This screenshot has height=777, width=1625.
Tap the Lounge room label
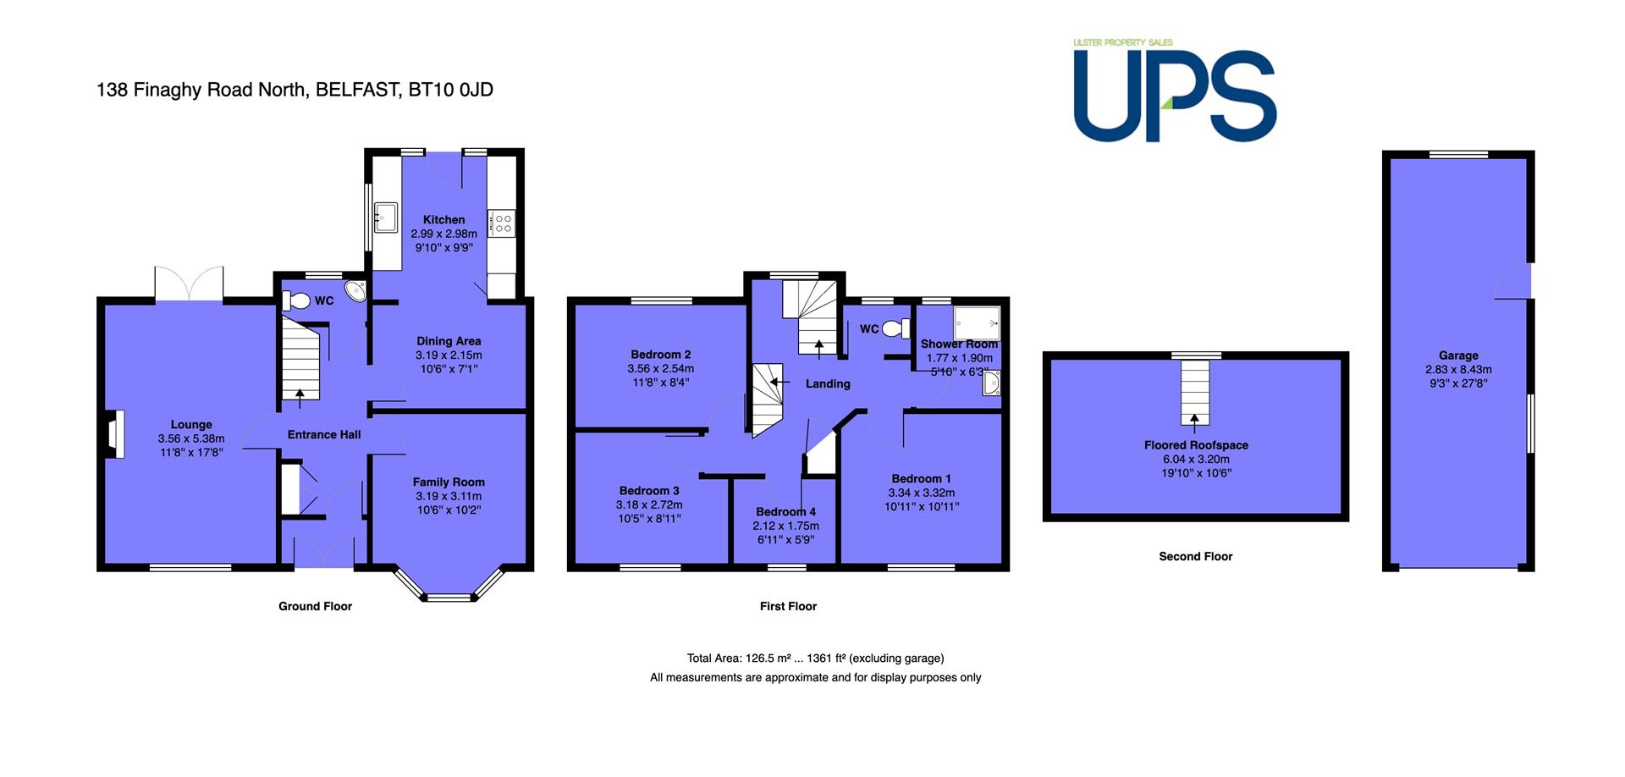click(191, 425)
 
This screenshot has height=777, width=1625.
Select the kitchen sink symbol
click(386, 218)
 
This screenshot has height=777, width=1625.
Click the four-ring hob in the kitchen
click(502, 223)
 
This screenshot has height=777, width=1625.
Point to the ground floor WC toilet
click(296, 300)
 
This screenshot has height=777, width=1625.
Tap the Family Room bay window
click(449, 583)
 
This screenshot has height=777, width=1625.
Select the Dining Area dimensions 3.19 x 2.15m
click(449, 355)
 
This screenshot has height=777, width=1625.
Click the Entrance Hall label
click(324, 434)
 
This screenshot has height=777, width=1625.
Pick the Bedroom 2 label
click(660, 355)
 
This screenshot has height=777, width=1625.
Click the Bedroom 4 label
click(785, 512)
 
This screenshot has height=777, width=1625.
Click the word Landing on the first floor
click(828, 384)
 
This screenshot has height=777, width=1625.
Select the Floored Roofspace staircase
click(1195, 391)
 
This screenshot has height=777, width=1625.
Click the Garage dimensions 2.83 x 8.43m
click(1458, 370)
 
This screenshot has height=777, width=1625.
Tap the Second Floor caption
click(1195, 556)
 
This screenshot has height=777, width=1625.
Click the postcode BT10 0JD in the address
click(450, 90)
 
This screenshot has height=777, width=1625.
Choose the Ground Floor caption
click(315, 606)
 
